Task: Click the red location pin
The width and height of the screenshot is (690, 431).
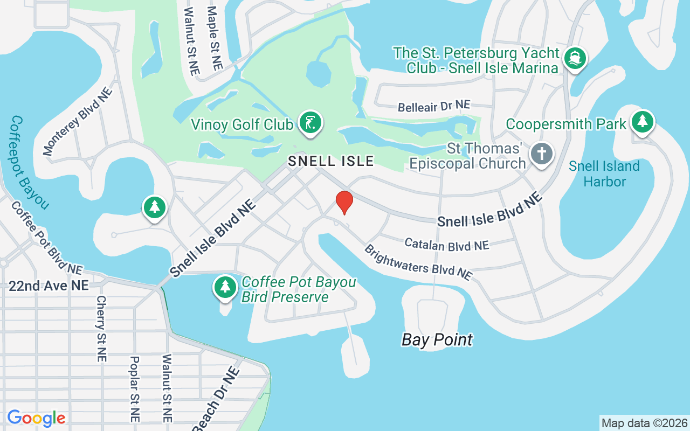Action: click(x=344, y=202)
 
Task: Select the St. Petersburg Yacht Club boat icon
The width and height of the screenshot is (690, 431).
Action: click(x=575, y=58)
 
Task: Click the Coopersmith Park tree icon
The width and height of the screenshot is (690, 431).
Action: click(x=642, y=122)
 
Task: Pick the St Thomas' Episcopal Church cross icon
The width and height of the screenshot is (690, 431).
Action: click(x=542, y=154)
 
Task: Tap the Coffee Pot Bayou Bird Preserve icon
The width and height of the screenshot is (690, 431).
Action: click(x=225, y=287)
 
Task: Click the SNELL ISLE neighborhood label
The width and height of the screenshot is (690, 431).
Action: click(x=330, y=161)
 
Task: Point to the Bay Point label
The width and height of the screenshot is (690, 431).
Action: click(x=437, y=340)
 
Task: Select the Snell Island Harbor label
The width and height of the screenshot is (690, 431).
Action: click(x=604, y=173)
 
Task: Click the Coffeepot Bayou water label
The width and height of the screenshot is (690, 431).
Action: click(x=30, y=162)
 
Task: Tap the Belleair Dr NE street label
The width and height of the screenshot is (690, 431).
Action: click(x=433, y=106)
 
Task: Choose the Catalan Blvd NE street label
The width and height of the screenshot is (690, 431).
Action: click(x=446, y=245)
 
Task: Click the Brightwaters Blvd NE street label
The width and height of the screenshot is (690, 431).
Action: click(x=418, y=262)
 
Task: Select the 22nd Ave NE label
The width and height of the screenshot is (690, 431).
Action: click(x=48, y=286)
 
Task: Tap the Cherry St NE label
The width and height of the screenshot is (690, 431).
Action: click(x=102, y=328)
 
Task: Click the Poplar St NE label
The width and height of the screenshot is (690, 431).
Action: click(x=135, y=388)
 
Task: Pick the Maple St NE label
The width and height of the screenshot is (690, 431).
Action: click(x=214, y=38)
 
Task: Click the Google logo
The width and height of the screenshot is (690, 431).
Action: click(x=36, y=418)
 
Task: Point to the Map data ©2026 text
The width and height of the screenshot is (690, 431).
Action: click(x=644, y=423)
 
